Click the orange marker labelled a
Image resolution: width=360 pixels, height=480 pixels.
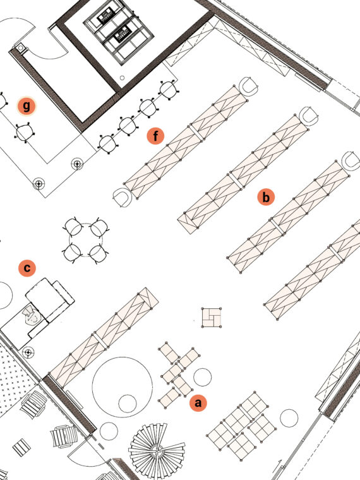click(198, 402)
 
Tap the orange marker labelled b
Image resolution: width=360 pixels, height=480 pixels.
click(266, 197)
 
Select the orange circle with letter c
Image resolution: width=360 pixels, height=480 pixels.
click(27, 268)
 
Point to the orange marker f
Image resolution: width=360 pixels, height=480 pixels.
click(155, 136)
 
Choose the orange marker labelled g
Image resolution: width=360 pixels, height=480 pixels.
click(27, 106)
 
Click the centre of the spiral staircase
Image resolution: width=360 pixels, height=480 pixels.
click(157, 450)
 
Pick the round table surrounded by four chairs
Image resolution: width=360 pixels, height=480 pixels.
click(85, 240)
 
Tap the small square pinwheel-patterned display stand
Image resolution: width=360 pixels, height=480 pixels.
click(212, 318)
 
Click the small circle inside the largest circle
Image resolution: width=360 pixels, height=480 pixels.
click(128, 404)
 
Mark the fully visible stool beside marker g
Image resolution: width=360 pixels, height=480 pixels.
click(24, 133)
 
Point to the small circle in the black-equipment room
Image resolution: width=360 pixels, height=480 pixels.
click(122, 78)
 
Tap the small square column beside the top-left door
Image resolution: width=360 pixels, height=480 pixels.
click(20, 48)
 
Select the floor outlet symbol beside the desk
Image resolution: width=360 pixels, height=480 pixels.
click(28, 352)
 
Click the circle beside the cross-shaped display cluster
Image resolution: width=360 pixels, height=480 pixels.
click(202, 377)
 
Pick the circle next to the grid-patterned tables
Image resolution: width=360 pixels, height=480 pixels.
click(289, 418)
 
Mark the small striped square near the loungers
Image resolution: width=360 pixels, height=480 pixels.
click(21, 448)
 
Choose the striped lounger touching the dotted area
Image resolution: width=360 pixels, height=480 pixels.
click(33, 404)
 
